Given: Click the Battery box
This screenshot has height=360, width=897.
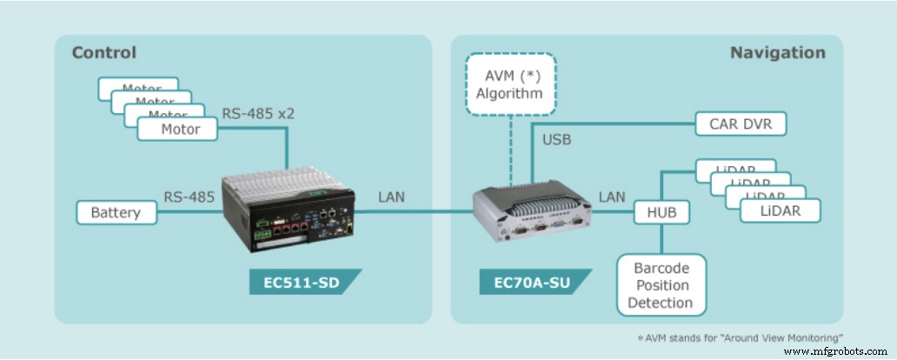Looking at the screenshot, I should point(116,212).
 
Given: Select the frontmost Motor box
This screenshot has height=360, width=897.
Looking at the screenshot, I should point(180,129).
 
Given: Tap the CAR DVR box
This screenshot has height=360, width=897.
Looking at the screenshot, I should point(741,123).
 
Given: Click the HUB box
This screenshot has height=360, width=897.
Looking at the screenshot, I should point(661,211).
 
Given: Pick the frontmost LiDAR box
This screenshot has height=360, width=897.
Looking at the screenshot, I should point(779,211).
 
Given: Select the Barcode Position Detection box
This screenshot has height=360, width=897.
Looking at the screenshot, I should point(662,284).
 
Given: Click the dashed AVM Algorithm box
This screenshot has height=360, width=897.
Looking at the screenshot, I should point(509,84).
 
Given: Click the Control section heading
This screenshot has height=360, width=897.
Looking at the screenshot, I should point(104,52).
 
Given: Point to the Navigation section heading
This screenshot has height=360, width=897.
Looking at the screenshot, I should point(777,52).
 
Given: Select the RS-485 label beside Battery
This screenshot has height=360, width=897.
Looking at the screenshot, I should point(189,197).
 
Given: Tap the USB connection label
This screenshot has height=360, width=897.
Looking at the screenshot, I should point(557,139).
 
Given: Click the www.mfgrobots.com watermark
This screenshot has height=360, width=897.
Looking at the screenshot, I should point(838,351).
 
